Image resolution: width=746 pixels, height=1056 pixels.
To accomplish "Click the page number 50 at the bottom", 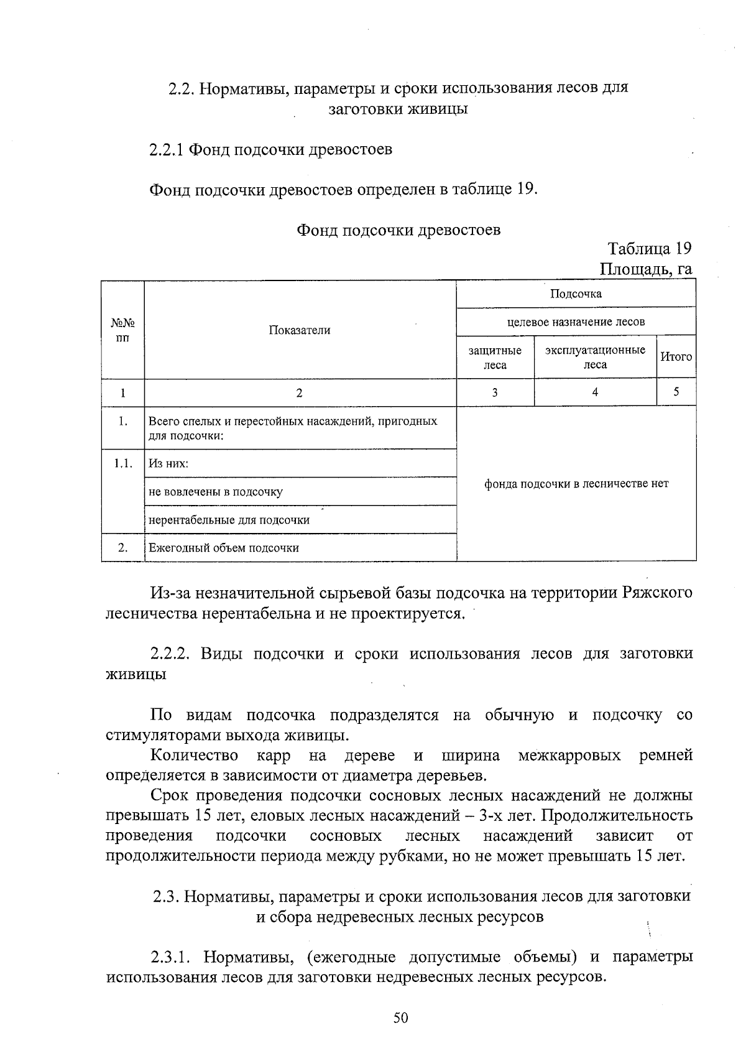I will tap(400, 1018).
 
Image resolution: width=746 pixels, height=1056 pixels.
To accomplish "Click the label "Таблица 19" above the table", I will tap(650, 249).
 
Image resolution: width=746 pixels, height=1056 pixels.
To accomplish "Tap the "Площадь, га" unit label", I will tap(646, 269).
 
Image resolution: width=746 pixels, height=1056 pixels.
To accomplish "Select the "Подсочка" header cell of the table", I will tap(576, 294).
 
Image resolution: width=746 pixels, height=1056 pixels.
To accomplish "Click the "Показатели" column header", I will tap(300, 330).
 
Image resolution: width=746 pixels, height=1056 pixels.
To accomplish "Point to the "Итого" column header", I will tap(676, 357).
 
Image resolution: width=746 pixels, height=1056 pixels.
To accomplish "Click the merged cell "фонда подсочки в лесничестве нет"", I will tap(576, 484).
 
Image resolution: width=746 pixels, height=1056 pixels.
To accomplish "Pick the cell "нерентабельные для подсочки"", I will tap(229, 520).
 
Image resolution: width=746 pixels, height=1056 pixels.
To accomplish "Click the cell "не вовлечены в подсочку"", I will tap(216, 492).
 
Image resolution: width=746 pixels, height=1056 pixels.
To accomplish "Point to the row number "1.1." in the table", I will tap(123, 463).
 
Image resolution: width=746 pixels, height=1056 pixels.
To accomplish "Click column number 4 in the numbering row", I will tap(595, 392).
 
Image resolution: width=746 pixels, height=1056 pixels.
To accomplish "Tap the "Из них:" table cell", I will tap(168, 464).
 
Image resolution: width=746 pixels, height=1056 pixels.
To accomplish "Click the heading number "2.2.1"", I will tap(167, 150).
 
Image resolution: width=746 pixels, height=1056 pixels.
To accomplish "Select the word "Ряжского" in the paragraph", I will tap(657, 593).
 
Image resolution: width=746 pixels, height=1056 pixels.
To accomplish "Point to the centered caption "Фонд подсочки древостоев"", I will tap(398, 230).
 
